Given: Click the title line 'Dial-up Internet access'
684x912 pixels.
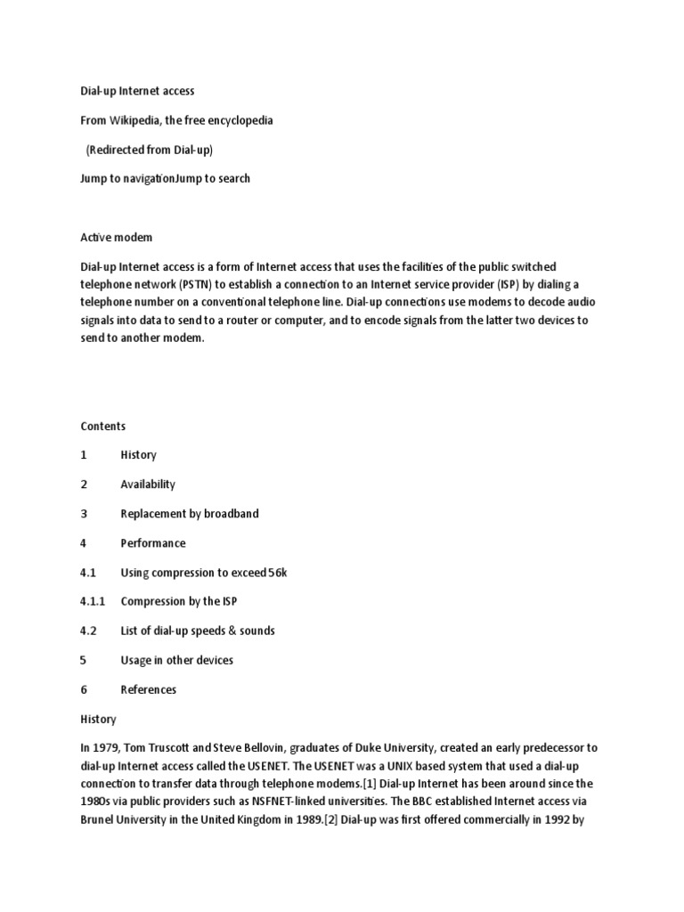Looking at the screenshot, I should point(137,91).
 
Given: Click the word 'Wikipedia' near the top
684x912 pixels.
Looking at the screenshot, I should point(134,120).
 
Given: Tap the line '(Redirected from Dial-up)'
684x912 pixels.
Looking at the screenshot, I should point(149,150).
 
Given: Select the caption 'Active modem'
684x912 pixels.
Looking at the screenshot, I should point(116,237).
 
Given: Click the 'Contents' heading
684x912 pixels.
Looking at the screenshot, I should point(102,427).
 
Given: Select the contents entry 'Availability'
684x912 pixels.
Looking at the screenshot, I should point(148,484).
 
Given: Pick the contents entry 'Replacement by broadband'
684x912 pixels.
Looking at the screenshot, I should point(190,514).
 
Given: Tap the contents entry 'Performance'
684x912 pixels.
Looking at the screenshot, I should point(153,543).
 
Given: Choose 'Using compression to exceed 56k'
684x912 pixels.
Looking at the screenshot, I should point(204,573).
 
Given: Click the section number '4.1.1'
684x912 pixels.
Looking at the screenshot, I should point(93,601).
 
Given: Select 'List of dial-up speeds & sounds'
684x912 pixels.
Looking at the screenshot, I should point(198,631).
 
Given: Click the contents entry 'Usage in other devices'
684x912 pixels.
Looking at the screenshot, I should point(176,660).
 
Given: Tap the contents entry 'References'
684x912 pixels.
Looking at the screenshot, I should point(149,689).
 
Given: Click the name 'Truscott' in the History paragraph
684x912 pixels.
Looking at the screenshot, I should point(183,748).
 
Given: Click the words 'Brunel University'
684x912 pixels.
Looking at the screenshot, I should point(122,819).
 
